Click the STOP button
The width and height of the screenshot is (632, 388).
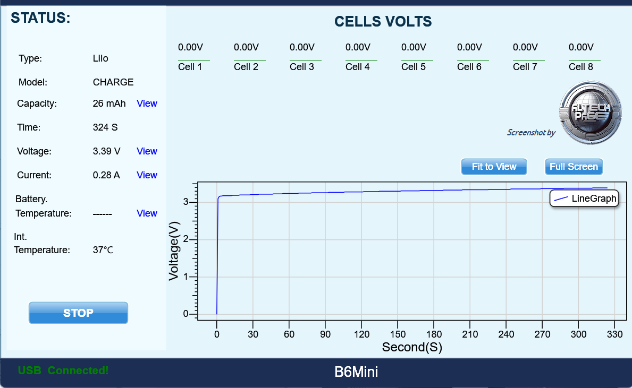[x=78, y=313]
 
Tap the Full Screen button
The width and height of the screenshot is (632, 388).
[x=574, y=167]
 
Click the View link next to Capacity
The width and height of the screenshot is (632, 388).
[x=147, y=104]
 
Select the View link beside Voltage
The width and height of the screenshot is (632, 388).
[x=147, y=151]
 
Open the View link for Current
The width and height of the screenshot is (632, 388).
[x=147, y=175]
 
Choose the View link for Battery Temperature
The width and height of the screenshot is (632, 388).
[x=147, y=213]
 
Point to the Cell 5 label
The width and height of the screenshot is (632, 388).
[x=414, y=67]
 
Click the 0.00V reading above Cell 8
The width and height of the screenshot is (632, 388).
[x=581, y=47]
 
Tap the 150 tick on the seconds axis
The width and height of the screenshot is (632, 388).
[x=398, y=334]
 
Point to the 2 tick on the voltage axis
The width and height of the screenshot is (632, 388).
[x=186, y=239]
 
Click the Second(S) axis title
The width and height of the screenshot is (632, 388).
[x=412, y=348]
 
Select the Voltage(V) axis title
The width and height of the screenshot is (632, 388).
[x=174, y=251]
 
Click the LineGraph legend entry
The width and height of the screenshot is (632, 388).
[x=584, y=199]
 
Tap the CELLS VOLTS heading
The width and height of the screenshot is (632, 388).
[x=383, y=22]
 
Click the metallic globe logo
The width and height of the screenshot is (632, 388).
[x=590, y=112]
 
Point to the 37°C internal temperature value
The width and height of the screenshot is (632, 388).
[x=103, y=249]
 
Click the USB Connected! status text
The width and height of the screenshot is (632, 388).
[x=63, y=370]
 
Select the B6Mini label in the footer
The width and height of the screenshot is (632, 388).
[x=356, y=372]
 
